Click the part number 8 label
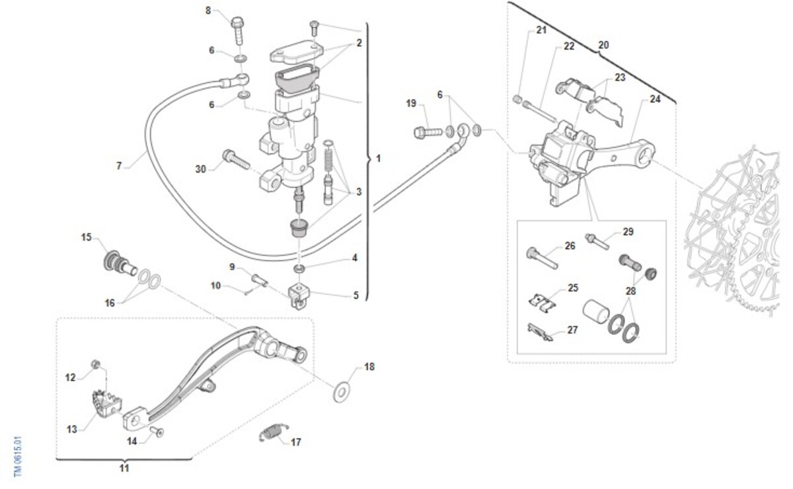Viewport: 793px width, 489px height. (x=209, y=11)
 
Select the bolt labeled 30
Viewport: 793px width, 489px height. (x=235, y=159)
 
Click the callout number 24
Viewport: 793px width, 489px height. (x=655, y=100)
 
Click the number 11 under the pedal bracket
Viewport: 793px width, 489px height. (x=124, y=469)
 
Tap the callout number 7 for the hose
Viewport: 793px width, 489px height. (x=119, y=166)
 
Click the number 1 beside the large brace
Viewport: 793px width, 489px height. (x=378, y=159)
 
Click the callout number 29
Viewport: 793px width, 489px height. (x=628, y=232)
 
